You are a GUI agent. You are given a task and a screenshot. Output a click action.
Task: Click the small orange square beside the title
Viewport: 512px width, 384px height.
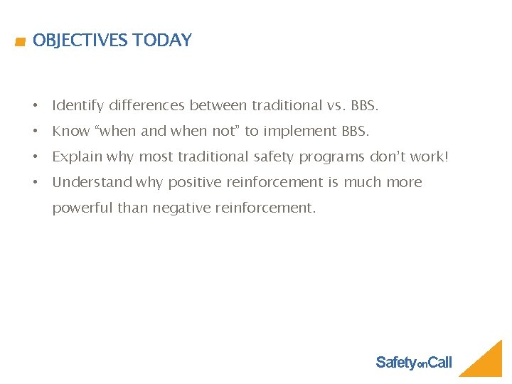click(x=21, y=43)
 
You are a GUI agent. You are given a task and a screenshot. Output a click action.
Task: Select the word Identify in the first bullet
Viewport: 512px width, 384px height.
click(x=78, y=106)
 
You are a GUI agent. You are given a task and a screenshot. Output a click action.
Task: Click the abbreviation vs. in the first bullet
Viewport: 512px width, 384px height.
click(x=336, y=106)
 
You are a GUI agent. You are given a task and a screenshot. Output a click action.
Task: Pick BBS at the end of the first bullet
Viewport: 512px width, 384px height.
click(x=365, y=106)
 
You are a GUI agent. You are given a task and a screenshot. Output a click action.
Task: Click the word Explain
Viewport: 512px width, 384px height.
click(x=77, y=157)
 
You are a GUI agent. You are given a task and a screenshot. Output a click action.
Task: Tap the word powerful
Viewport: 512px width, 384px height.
click(x=82, y=208)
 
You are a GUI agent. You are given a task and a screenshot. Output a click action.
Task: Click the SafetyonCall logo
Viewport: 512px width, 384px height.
click(x=413, y=363)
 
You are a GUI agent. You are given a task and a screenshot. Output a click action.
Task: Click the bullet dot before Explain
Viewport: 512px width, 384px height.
click(x=35, y=157)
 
